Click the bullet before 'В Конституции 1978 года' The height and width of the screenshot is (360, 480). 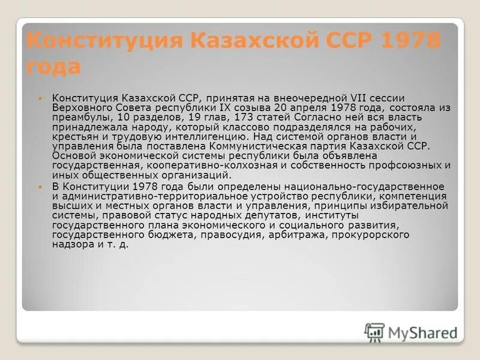pos(41,187)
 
